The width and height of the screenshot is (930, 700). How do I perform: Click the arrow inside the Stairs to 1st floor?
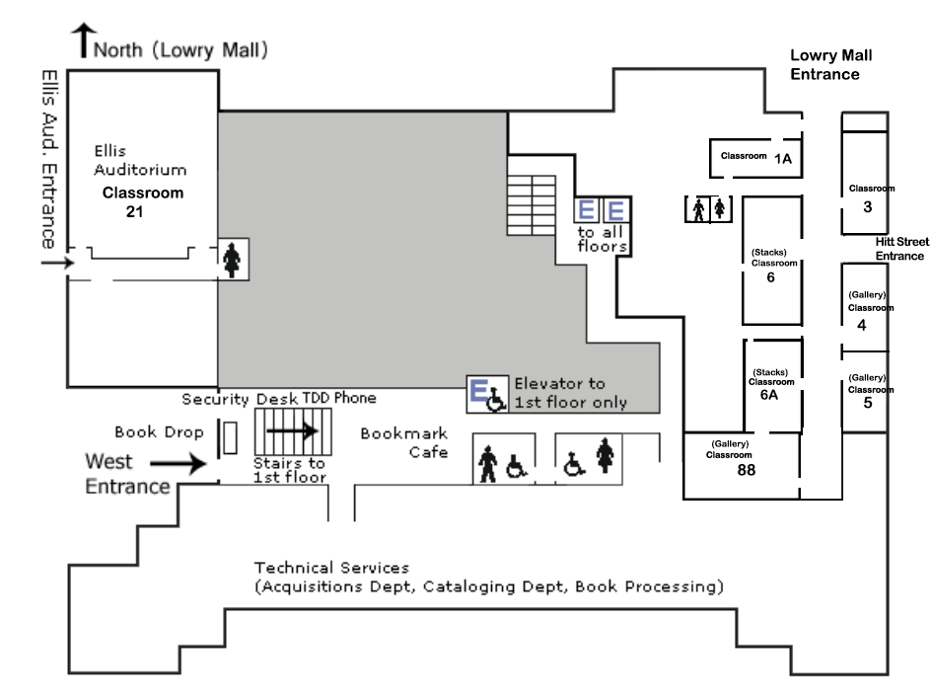pos(292,430)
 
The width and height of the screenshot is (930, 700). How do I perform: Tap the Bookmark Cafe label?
pos(404,442)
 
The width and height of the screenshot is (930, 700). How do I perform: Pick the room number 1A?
pos(783,158)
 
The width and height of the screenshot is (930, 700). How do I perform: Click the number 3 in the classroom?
pos(867,206)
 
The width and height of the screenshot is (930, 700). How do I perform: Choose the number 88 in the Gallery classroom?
pos(746,471)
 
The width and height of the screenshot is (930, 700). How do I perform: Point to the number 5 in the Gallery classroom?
pos(867,402)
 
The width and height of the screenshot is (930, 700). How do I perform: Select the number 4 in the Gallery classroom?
pos(862,325)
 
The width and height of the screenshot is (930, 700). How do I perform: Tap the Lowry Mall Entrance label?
pos(831,65)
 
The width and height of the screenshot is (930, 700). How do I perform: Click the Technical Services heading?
pos(331,568)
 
